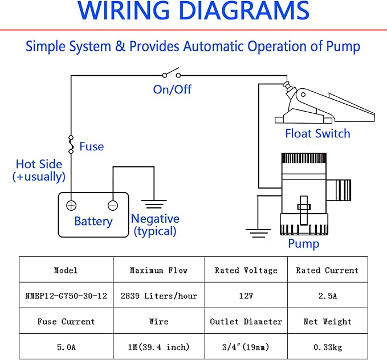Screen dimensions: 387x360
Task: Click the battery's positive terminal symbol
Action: pos(71,205)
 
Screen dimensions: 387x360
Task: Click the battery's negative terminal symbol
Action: pos(113,205)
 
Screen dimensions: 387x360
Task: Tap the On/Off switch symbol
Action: pos(172,73)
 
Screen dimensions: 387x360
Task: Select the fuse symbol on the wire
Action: pos(71,144)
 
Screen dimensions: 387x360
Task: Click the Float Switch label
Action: pos(317,133)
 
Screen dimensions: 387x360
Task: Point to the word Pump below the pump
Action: pos(304,244)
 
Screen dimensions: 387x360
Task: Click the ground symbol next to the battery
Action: pos(154,204)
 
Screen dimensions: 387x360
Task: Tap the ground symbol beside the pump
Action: pos(258,233)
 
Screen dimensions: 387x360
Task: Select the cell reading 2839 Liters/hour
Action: pos(159,296)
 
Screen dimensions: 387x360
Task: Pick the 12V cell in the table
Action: pos(246,296)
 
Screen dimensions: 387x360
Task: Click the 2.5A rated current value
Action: pos(328,296)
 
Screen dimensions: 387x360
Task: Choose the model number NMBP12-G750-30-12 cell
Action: pos(66,296)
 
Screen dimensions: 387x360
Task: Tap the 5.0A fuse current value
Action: pos(66,347)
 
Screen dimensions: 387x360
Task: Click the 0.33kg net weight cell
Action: pos(328,347)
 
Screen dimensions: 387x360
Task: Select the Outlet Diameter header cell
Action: pos(246,321)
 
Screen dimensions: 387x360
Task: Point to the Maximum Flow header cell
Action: pos(159,270)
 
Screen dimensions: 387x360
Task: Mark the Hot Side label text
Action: pos(39,164)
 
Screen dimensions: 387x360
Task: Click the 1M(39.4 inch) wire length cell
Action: pos(159,347)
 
